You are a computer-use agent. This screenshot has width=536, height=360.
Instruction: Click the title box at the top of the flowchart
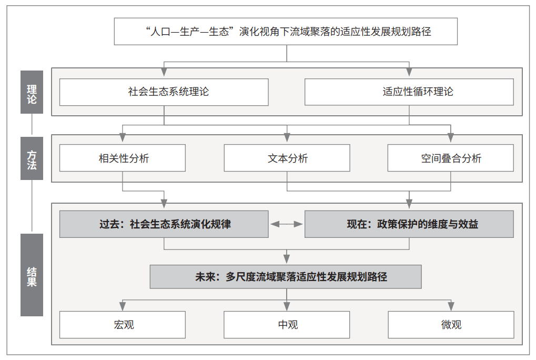(286, 32)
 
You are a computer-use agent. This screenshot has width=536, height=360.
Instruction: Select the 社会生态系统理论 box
(164, 92)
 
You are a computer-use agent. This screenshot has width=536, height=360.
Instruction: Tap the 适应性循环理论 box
(409, 92)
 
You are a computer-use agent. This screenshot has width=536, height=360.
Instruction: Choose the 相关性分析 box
(123, 158)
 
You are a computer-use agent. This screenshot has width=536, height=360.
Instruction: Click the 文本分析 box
(287, 158)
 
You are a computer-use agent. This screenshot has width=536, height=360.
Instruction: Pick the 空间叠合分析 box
(451, 158)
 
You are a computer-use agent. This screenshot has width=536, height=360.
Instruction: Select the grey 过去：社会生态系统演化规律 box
(164, 224)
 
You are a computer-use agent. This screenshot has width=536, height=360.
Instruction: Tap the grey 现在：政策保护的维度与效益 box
(409, 224)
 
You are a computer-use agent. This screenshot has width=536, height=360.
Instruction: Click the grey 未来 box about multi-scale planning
(286, 277)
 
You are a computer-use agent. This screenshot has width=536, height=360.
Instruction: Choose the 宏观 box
(123, 324)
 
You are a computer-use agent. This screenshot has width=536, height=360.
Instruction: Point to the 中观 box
(287, 324)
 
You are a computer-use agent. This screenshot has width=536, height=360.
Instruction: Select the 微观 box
(451, 324)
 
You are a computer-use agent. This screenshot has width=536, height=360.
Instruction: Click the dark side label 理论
(32, 92)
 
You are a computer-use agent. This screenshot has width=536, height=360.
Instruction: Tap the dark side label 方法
(32, 158)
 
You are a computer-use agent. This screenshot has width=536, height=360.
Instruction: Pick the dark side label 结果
(32, 275)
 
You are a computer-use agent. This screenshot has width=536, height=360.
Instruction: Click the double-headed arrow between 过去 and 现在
(287, 224)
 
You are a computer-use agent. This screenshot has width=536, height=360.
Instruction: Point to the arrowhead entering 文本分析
(287, 137)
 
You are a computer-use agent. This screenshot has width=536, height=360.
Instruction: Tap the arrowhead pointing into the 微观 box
(451, 306)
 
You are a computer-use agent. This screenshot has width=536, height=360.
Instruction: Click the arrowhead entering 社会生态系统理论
(164, 72)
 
